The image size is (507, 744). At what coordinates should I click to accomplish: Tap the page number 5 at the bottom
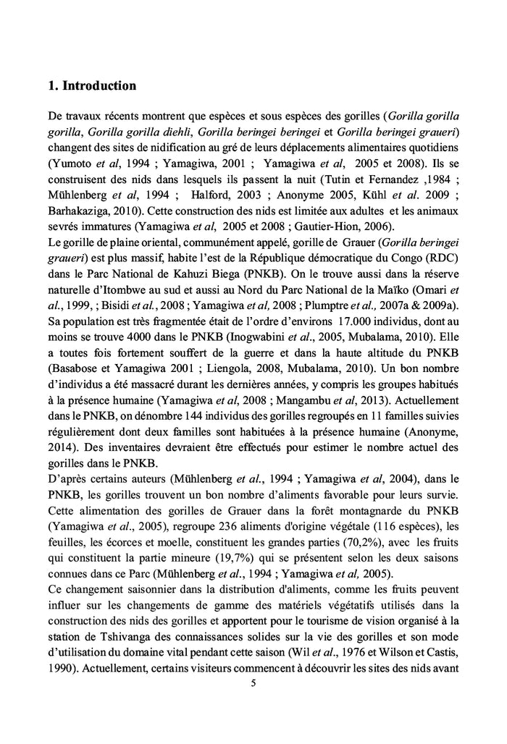click(x=252, y=682)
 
